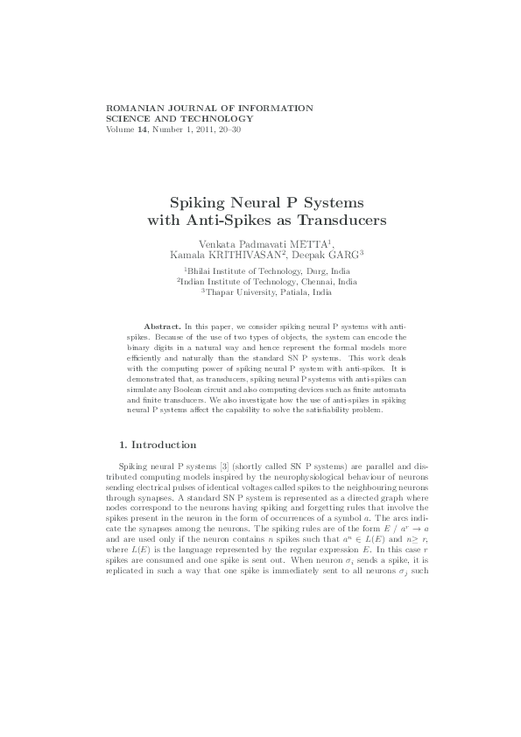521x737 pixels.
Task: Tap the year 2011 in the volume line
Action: tap(201, 130)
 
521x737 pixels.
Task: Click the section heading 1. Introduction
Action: tap(157, 445)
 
